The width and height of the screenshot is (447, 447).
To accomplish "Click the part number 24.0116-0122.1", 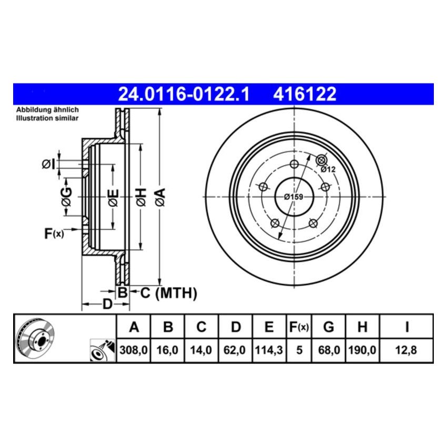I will tap(184, 95).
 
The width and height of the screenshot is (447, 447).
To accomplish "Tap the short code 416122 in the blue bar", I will tap(304, 95).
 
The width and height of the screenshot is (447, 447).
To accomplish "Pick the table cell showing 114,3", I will tap(268, 350).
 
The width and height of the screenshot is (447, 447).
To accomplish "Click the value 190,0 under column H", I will tap(362, 350).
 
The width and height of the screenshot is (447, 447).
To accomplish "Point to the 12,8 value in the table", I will tap(407, 350).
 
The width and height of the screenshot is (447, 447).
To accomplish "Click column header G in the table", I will tap(328, 327).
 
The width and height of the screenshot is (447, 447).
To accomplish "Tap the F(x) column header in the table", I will tap(299, 327).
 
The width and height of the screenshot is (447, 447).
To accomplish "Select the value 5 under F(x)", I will tap(299, 350).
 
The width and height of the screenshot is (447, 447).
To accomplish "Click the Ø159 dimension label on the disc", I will tap(293, 197).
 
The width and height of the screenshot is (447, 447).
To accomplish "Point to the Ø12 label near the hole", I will tap(328, 169).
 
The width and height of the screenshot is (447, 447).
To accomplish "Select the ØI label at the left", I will tap(48, 165).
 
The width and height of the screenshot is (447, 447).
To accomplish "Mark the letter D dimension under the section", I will tap(107, 304).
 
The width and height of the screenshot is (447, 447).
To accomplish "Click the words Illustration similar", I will tap(47, 118).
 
